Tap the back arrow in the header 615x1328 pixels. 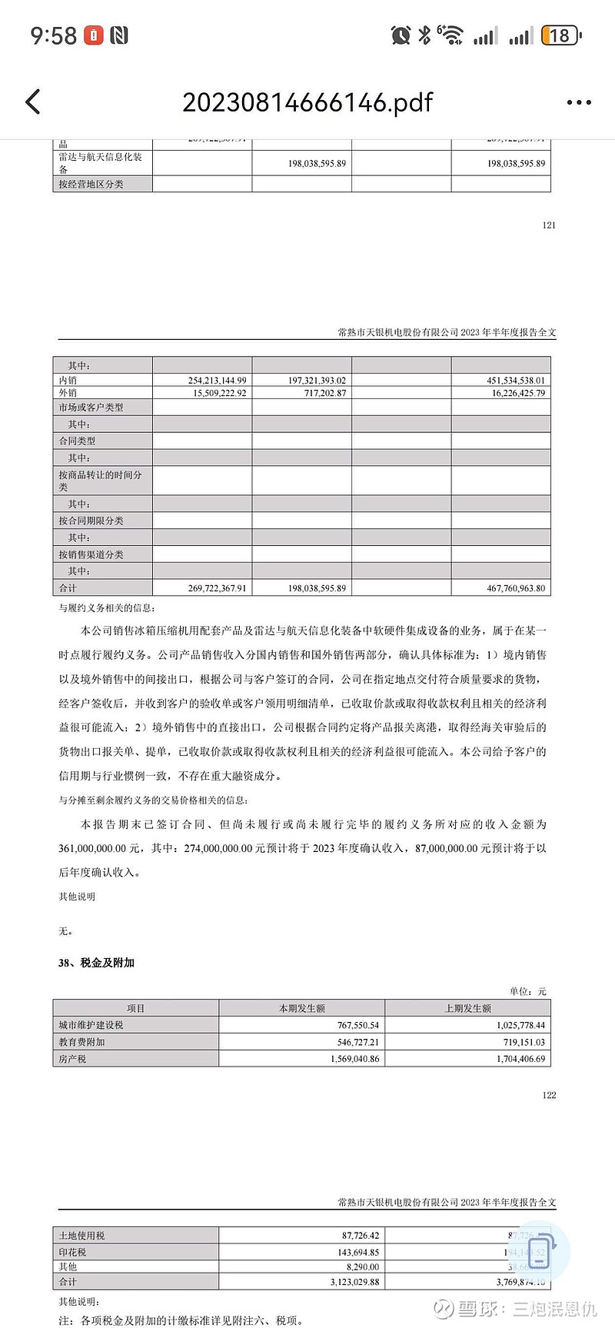pyautogui.click(x=32, y=102)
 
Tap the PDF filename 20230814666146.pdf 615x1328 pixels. pyautogui.click(x=307, y=102)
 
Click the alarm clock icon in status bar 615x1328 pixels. pyautogui.click(x=400, y=35)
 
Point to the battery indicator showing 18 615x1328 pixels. pyautogui.click(x=560, y=35)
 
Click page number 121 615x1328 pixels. pyautogui.click(x=548, y=225)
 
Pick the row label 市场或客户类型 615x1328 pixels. pyautogui.click(x=91, y=407)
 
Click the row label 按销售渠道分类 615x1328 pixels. pyautogui.click(x=91, y=554)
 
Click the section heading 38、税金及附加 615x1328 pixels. pyautogui.click(x=96, y=963)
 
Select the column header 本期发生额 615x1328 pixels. pyautogui.click(x=301, y=1008)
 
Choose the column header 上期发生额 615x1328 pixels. pyautogui.click(x=467, y=1008)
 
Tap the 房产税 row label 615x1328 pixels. pyautogui.click(x=72, y=1059)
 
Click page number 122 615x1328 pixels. pyautogui.click(x=548, y=1095)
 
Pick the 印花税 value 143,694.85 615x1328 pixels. pyautogui.click(x=354, y=1252)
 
